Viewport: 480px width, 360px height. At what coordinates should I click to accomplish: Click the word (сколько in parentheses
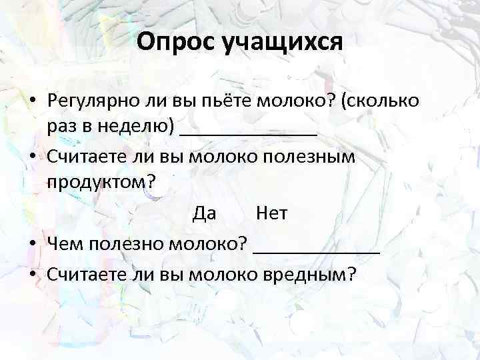[x=379, y=101]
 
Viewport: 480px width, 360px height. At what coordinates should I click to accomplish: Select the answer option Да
[x=204, y=213]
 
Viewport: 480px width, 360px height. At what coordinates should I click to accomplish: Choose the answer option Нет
[x=271, y=213]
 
